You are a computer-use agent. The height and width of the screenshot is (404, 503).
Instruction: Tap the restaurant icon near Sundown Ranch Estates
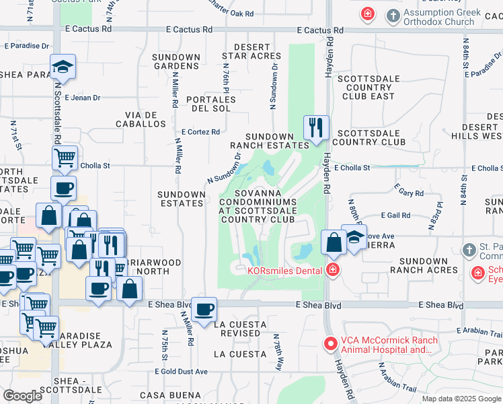point(315,127)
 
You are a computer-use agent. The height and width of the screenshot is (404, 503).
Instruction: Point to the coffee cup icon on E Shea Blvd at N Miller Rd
point(204,310)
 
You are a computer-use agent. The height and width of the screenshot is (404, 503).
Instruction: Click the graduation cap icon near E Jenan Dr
point(63,67)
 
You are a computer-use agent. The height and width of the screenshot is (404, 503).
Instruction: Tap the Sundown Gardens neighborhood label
point(176,61)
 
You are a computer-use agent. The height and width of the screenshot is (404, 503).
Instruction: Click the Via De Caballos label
point(141,119)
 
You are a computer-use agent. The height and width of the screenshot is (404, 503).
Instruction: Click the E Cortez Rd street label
point(201,132)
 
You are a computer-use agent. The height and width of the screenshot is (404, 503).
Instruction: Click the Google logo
point(23,396)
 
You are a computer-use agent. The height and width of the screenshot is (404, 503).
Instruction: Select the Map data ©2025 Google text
point(461,399)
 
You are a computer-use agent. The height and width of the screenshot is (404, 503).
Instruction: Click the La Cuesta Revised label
point(239,329)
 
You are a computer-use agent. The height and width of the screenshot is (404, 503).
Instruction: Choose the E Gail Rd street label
point(395,215)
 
